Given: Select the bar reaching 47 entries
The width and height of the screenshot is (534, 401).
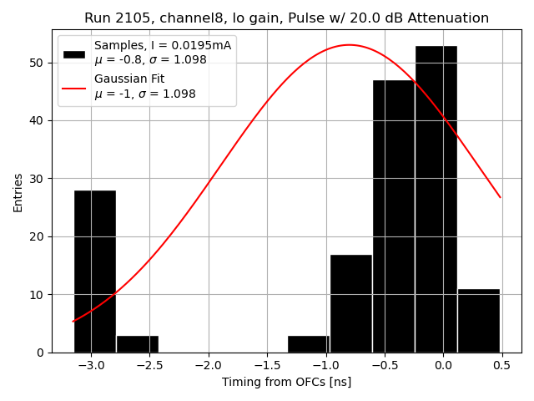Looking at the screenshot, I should [x=393, y=216].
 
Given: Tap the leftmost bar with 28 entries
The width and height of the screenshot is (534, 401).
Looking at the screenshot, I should [x=95, y=272].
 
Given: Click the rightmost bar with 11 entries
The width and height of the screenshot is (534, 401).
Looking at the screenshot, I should [x=478, y=321].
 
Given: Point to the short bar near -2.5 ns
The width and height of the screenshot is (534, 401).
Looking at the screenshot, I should [x=138, y=343].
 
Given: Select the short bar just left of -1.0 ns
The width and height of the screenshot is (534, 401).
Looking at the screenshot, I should [x=308, y=343].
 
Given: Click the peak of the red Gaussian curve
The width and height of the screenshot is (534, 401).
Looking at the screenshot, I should [x=349, y=45].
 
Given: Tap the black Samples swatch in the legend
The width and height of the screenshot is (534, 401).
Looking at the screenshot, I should [x=74, y=53].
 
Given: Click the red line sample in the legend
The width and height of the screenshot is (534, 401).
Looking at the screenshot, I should [x=74, y=87].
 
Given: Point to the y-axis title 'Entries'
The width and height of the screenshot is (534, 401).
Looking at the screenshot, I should [x=18, y=192].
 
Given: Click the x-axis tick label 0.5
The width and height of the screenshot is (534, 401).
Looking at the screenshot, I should [x=502, y=365].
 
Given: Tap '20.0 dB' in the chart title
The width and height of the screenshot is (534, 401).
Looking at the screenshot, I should [x=390, y=18].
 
